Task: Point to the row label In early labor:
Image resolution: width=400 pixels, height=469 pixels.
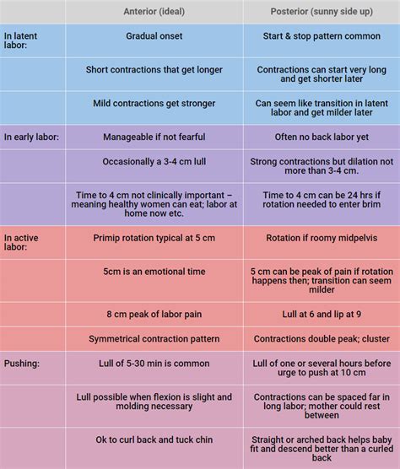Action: (31, 137)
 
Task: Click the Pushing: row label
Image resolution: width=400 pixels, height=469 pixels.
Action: (21, 364)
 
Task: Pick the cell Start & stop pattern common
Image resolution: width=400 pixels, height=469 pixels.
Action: (320, 37)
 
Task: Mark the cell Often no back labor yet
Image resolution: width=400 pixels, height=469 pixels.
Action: (320, 137)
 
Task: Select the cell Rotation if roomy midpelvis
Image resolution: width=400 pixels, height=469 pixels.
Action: (320, 238)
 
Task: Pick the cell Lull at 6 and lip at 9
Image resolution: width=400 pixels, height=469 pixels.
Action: (320, 315)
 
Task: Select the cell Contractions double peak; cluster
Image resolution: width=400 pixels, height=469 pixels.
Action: (320, 339)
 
